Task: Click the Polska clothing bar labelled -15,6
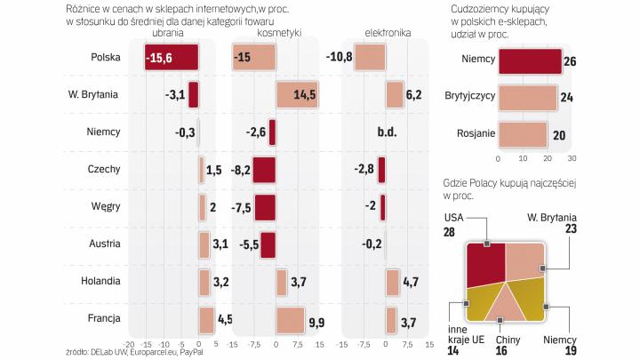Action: (172, 58)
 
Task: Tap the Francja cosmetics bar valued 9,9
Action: (290, 319)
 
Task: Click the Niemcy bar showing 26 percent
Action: (530, 61)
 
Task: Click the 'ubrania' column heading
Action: (169, 33)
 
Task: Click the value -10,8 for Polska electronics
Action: (340, 58)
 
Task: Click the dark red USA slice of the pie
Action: (485, 261)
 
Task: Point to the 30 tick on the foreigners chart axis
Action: (572, 159)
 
